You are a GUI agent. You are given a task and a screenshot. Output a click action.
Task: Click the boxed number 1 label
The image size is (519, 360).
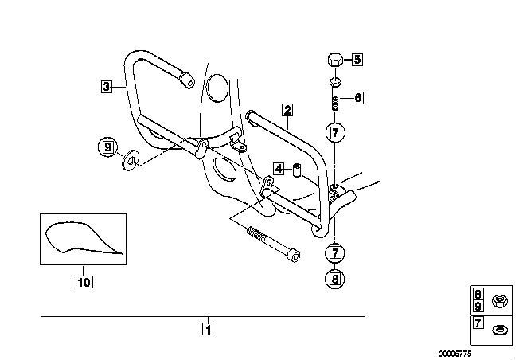pos(208,327)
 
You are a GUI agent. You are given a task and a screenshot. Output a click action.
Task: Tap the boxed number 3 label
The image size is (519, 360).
pos(107,86)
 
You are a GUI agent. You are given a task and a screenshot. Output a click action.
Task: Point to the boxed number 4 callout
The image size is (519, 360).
pos(278,168)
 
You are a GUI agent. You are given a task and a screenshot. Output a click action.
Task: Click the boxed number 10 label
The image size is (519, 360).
pos(84,280)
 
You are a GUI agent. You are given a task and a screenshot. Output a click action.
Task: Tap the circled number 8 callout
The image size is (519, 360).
pos(335,278)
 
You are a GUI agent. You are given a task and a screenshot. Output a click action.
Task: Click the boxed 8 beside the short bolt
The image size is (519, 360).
pos(357,98)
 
